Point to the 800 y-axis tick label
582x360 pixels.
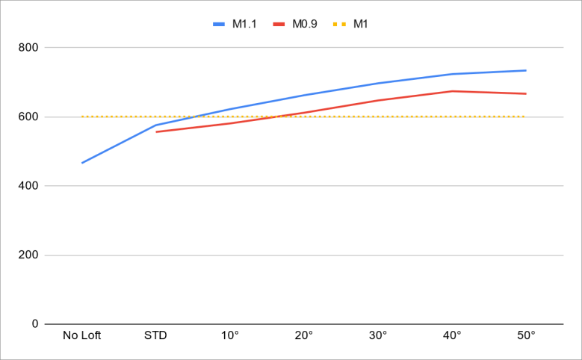coord(28,48)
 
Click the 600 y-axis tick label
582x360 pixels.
coord(28,117)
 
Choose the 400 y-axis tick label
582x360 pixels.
coord(28,186)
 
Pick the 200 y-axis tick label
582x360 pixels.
coord(28,255)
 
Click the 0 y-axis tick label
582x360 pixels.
coord(34,324)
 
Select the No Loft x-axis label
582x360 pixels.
coord(82,335)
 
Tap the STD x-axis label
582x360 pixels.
coord(155,335)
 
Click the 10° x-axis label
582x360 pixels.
coord(230,335)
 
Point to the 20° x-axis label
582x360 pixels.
coord(304,335)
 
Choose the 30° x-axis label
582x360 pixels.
coord(378,335)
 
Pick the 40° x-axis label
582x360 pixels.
coord(452,335)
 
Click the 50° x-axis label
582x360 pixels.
coord(526,335)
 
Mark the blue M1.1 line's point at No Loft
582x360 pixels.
coord(82,163)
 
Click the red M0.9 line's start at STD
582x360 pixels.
coord(156,131)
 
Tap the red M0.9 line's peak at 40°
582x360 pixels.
coord(452,91)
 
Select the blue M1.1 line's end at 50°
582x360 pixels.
coord(526,70)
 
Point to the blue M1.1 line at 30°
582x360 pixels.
coord(378,83)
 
